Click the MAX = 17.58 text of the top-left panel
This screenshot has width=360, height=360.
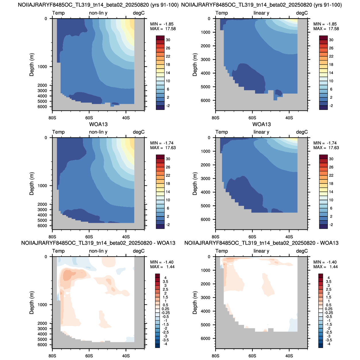[163, 29]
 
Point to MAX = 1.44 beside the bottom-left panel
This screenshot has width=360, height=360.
[162, 267]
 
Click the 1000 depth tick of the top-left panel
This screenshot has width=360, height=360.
[42, 67]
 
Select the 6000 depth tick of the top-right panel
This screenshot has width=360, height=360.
[206, 100]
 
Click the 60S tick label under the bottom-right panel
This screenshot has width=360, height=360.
[252, 356]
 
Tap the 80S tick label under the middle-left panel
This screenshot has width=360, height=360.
[52, 237]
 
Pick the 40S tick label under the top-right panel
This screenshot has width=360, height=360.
[289, 118]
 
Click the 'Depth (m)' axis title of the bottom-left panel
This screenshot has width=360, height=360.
[32, 303]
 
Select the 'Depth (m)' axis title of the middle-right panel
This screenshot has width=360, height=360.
[195, 184]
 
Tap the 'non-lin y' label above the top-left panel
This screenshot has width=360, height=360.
[98, 13]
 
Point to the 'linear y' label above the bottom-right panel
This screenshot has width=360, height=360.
[261, 251]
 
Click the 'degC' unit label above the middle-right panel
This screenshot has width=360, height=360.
[302, 132]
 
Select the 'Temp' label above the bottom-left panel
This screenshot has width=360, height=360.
[59, 251]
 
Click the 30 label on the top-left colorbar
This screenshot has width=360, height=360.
[168, 40]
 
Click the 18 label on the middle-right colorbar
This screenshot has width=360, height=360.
[331, 184]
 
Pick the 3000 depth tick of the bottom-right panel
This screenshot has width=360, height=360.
[206, 298]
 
